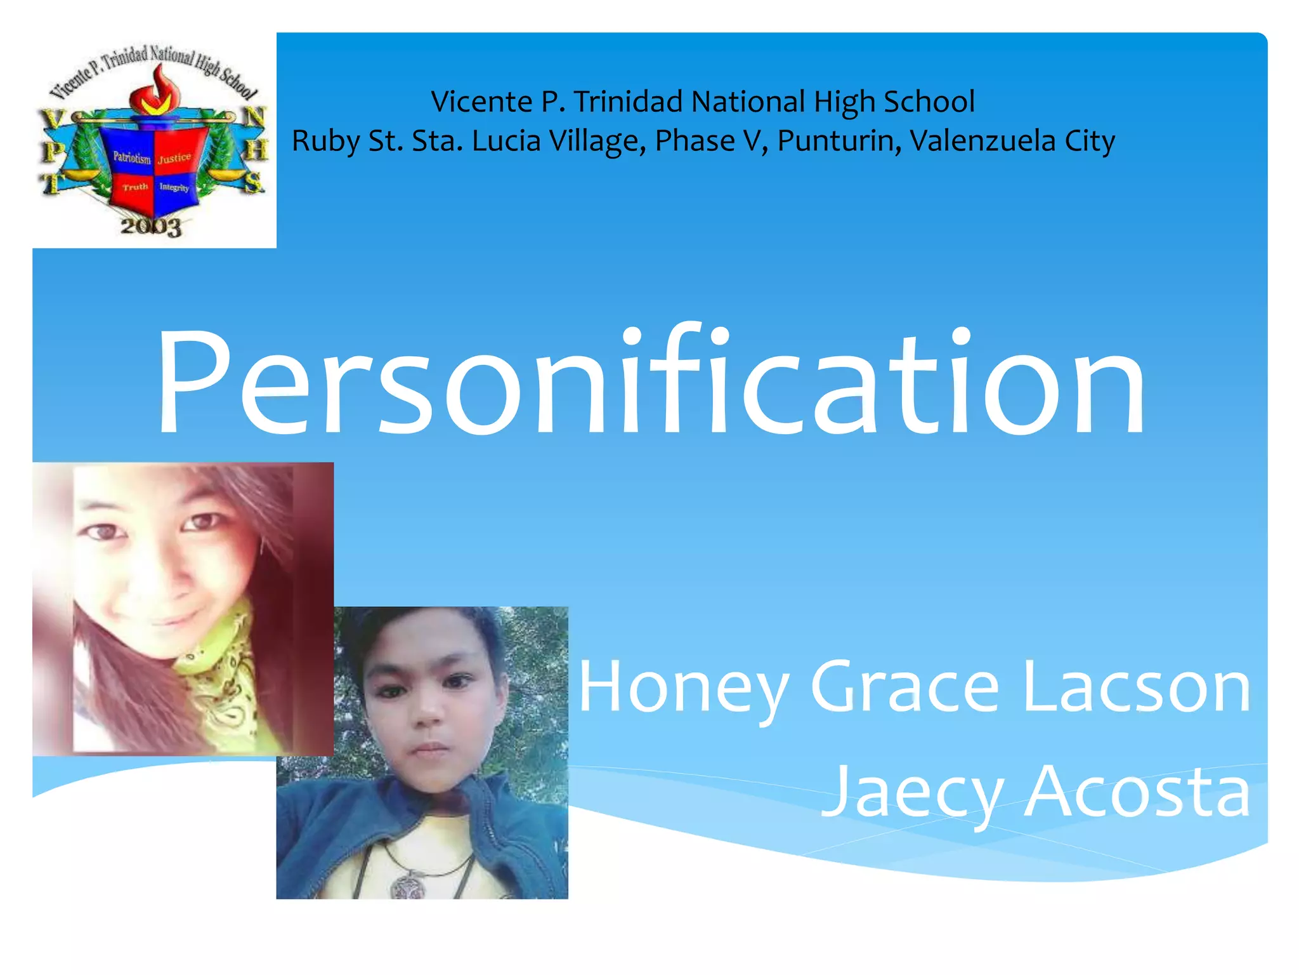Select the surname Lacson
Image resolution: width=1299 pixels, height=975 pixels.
1136,687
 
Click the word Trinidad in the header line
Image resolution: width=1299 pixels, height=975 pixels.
627,102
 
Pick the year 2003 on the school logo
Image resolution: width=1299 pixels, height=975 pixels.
151,227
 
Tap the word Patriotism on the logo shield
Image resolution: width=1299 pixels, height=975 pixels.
132,157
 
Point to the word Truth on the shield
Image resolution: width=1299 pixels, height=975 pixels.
135,187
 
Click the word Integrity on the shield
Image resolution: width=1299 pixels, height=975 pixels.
174,187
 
